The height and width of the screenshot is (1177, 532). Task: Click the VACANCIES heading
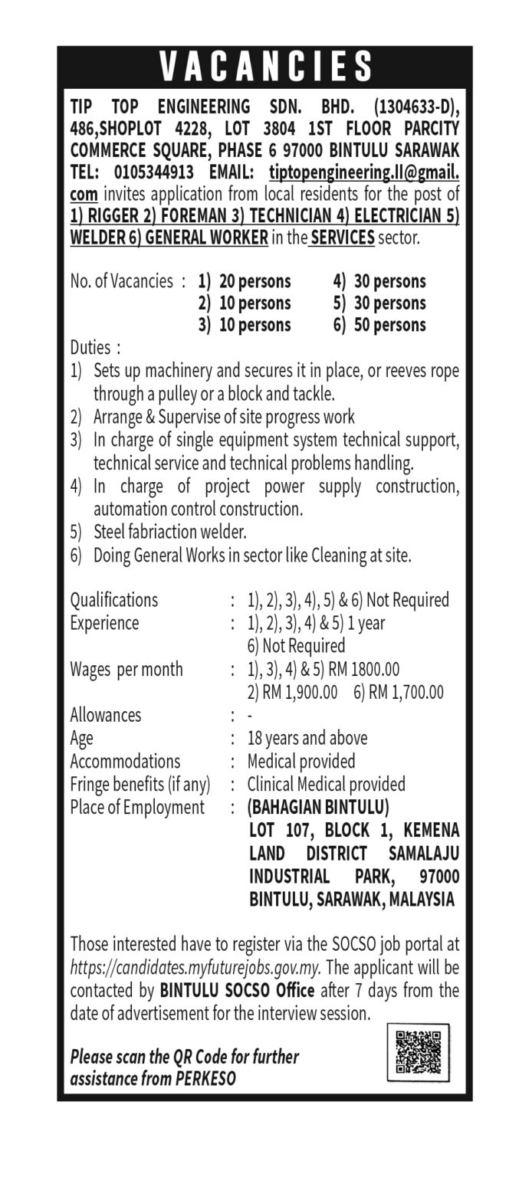click(x=265, y=67)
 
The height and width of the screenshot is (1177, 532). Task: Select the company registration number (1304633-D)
click(x=416, y=105)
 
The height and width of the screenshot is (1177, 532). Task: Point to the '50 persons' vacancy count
click(x=390, y=324)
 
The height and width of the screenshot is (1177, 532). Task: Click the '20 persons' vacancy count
click(x=255, y=281)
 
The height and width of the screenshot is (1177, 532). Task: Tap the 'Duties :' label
click(x=95, y=346)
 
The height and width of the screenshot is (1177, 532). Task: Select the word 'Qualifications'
click(x=114, y=599)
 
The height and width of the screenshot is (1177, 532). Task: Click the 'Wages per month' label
click(x=126, y=669)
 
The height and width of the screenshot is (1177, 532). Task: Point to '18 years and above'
click(x=307, y=738)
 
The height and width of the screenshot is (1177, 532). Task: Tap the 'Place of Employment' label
click(x=137, y=807)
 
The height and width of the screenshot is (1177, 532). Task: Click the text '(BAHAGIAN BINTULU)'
click(x=318, y=807)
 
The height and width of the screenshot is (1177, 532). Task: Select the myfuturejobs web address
click(x=195, y=968)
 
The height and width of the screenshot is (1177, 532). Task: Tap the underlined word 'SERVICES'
click(x=341, y=237)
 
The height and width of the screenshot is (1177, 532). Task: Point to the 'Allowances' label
click(x=106, y=715)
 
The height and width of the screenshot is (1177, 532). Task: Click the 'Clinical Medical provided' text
click(x=327, y=784)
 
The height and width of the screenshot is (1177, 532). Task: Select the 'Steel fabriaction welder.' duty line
click(x=169, y=531)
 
